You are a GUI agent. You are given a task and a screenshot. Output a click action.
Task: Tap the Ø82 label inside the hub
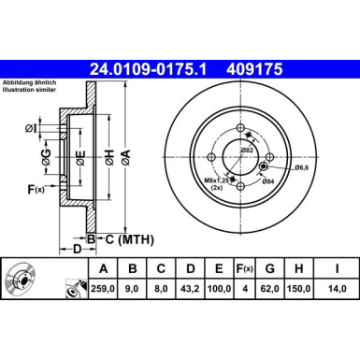(x=248, y=151)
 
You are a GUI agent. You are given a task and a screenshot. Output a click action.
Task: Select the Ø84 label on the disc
(x=267, y=180)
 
